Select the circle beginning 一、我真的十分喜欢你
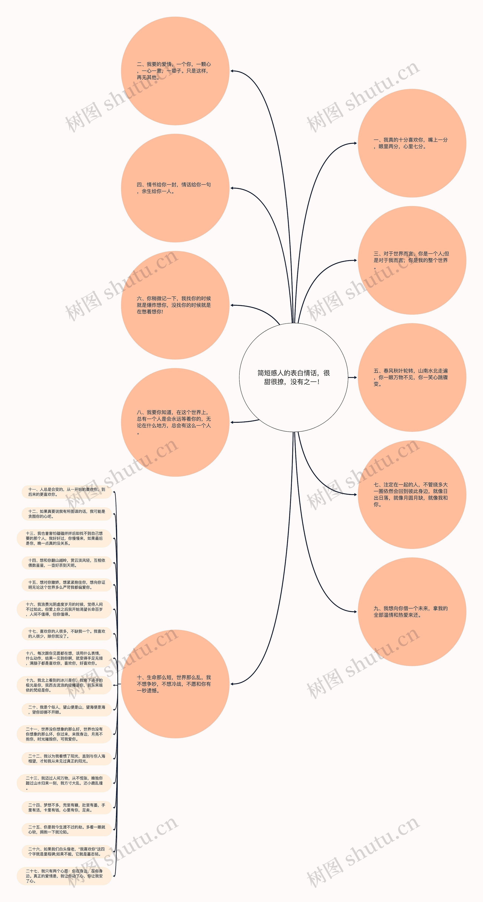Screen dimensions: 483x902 412,143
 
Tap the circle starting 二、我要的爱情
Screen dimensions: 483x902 175,71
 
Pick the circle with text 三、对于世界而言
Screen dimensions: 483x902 412,260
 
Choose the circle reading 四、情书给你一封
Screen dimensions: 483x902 175,188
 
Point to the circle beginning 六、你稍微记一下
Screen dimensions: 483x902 175,305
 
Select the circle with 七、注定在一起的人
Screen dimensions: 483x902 412,494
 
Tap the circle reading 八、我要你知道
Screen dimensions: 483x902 175,422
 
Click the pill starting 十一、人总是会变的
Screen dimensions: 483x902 66,492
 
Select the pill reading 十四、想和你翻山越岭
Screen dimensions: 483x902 66,563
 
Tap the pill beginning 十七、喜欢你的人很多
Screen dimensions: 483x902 66,634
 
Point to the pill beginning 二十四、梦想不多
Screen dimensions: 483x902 66,807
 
